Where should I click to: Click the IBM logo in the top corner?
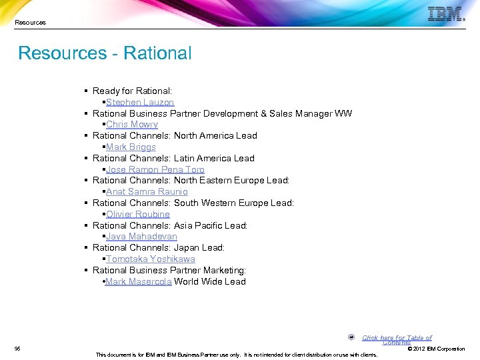(x=445, y=15)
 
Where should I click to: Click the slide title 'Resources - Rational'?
(x=105, y=53)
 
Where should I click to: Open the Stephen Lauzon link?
(x=140, y=102)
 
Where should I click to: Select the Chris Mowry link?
(x=132, y=125)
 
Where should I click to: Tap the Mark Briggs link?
(x=131, y=147)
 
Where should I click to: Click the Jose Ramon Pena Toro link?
(x=155, y=169)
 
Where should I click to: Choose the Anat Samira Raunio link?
(x=147, y=192)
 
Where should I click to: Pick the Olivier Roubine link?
(x=138, y=214)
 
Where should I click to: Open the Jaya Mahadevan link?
(x=141, y=237)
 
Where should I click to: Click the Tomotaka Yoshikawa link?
(x=151, y=259)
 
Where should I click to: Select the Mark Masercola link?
(x=139, y=281)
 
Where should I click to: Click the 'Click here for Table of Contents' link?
(x=397, y=339)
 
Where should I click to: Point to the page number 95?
(x=17, y=349)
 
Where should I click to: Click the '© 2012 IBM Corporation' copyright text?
(x=436, y=349)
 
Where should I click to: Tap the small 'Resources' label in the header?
(x=31, y=23)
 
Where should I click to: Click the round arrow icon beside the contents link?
(x=351, y=337)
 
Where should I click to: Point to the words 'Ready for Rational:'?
(x=132, y=91)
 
